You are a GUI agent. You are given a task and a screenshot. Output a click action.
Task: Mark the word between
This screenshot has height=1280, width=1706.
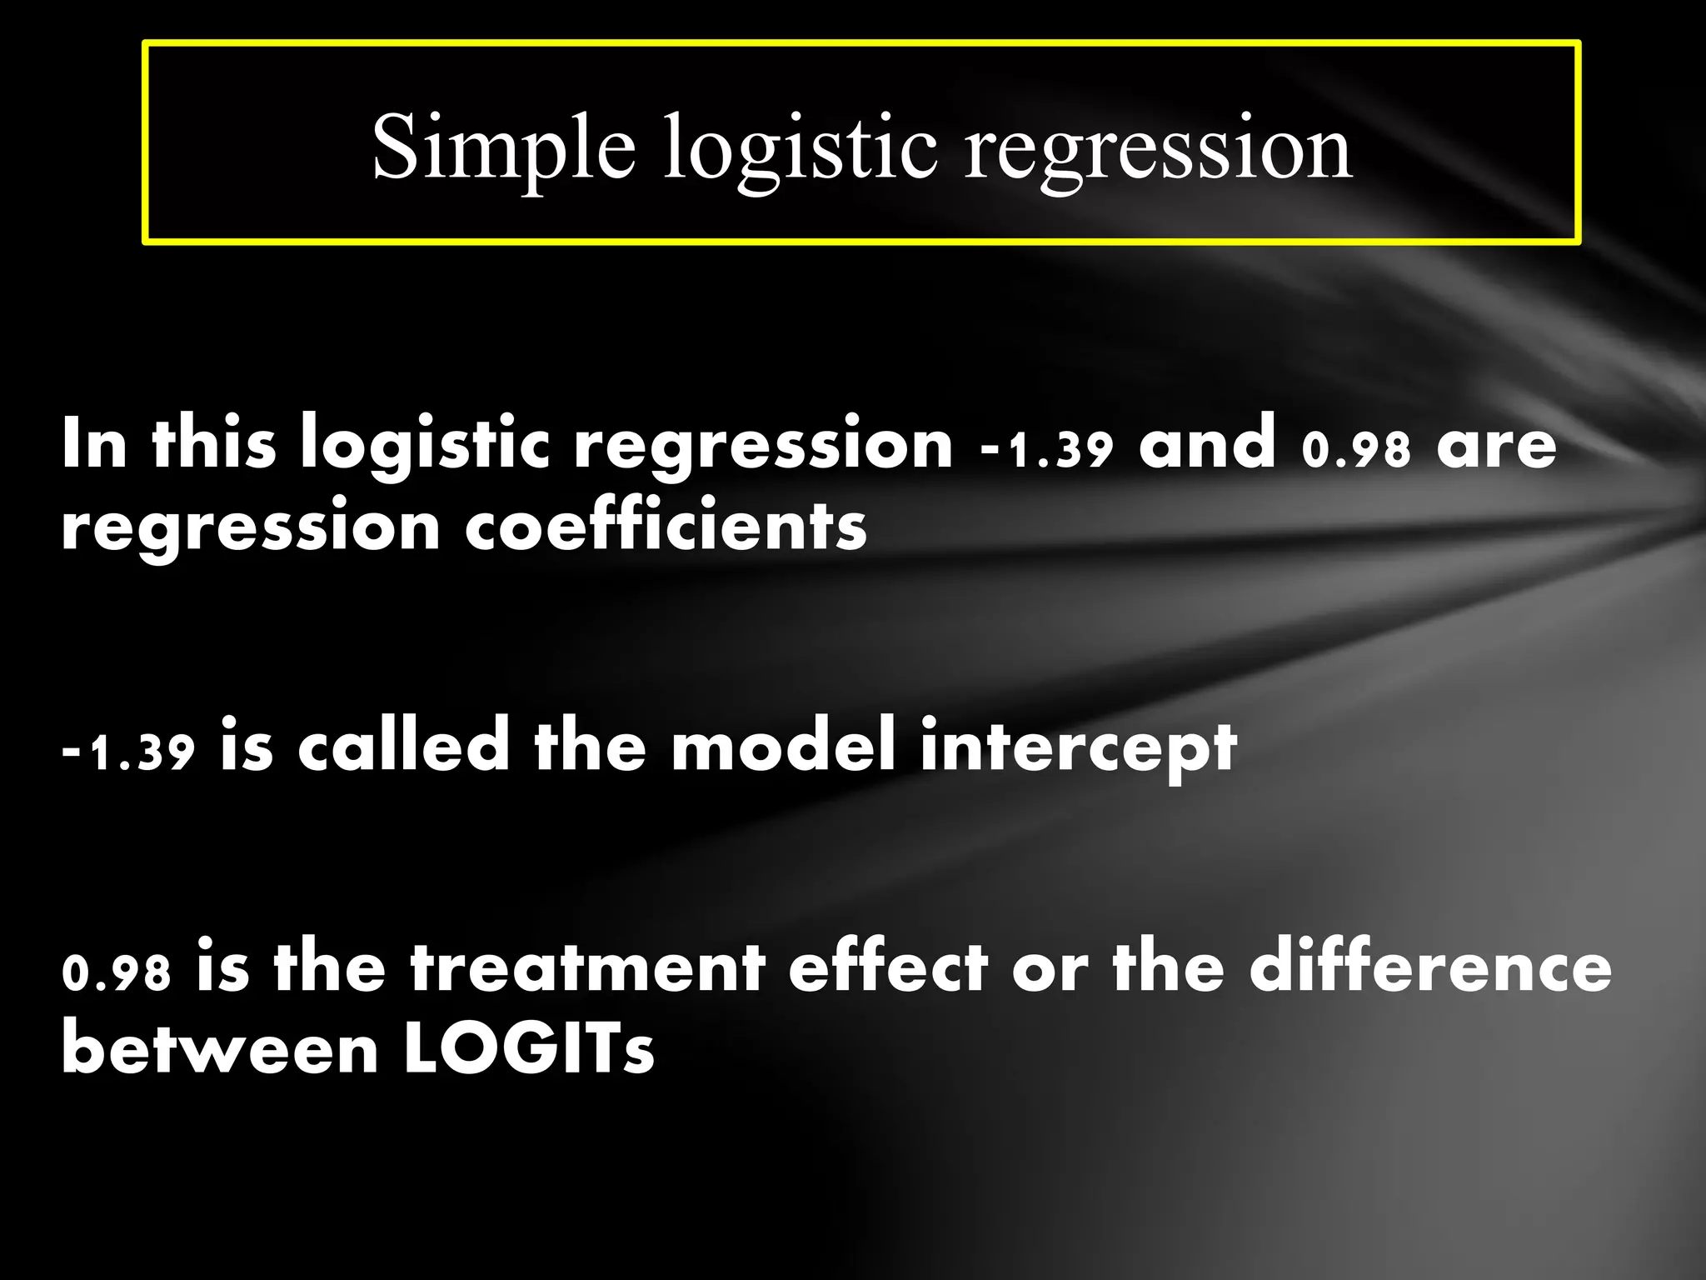point(220,1049)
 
